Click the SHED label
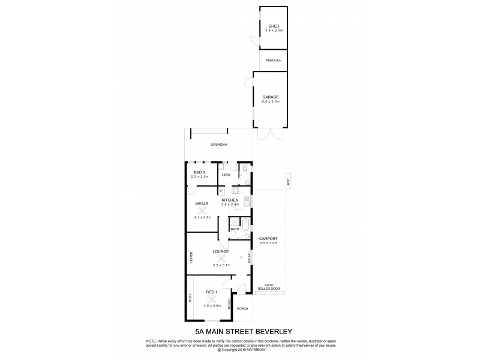tap(274, 26)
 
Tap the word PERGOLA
tap(274, 61)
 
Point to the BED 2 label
tap(200, 172)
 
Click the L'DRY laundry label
tap(226, 175)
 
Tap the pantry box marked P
tap(221, 191)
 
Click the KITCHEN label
tap(230, 200)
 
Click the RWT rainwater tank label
tap(288, 181)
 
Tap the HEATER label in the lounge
tap(191, 259)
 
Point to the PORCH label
tap(242, 309)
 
